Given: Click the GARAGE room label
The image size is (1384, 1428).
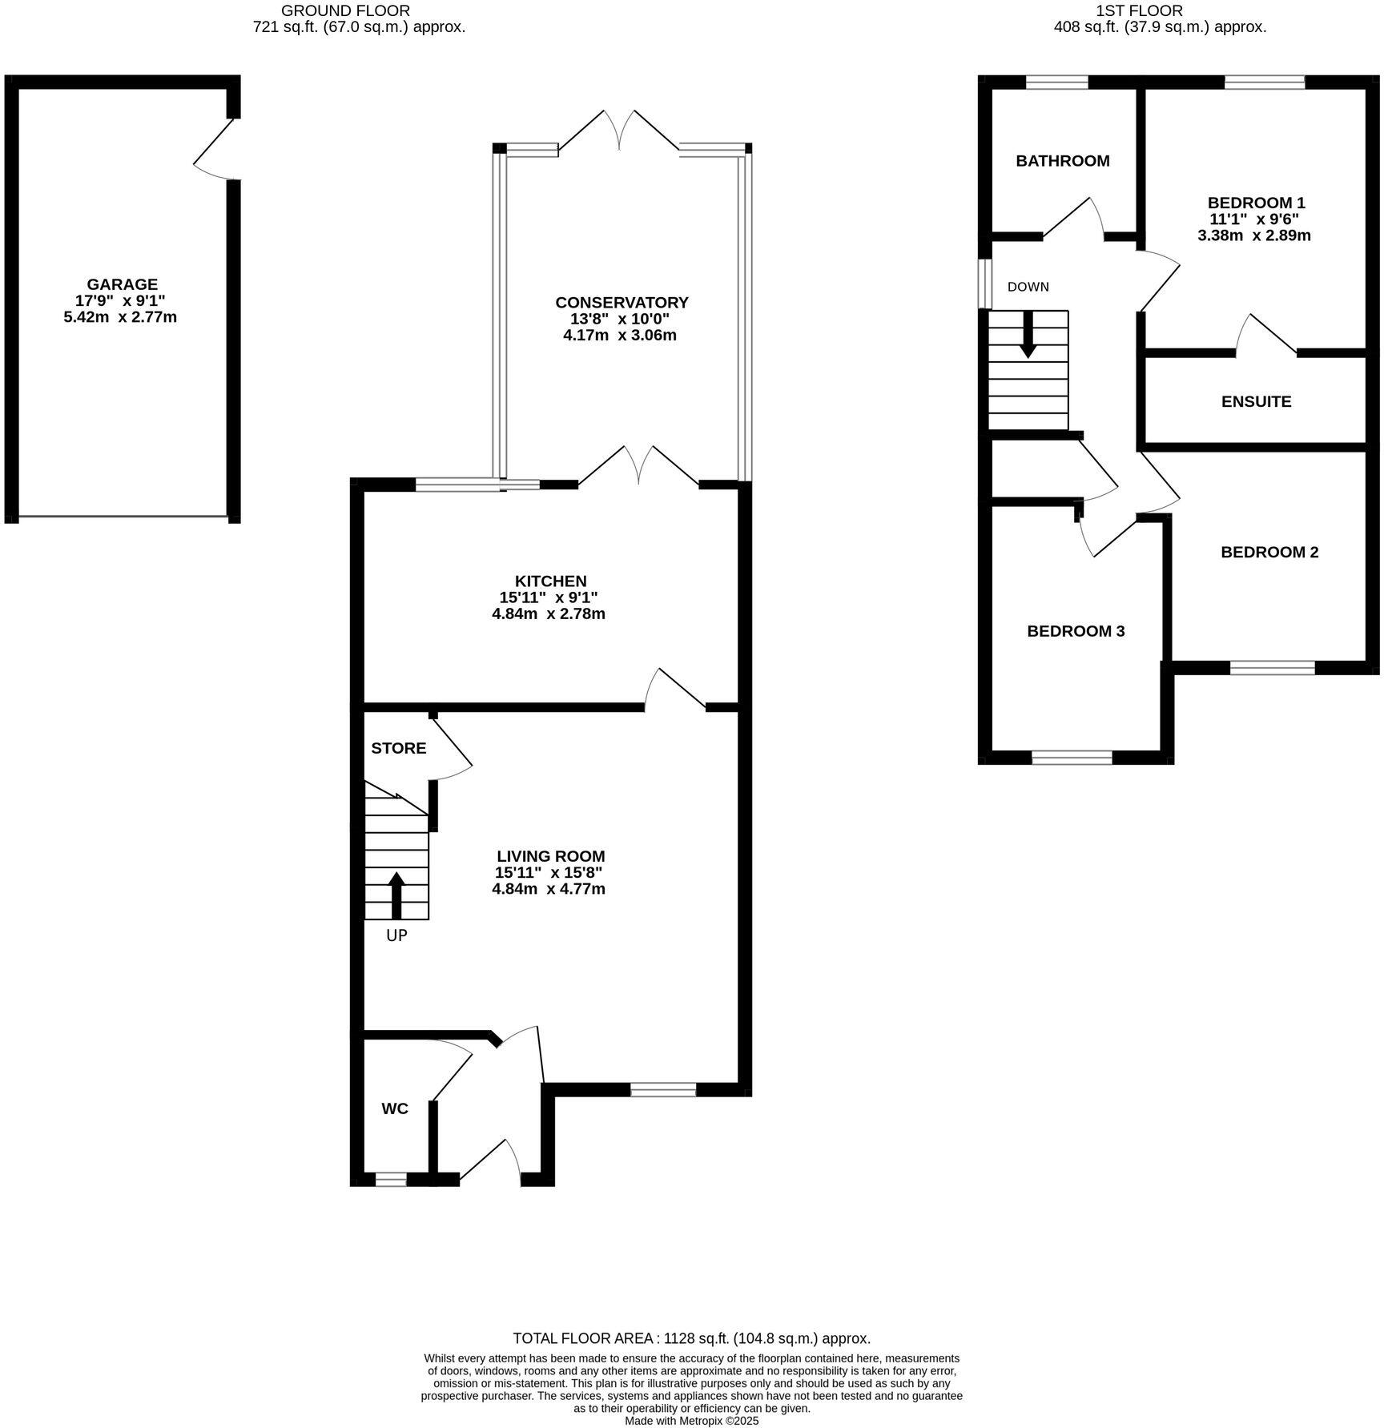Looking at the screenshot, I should coord(122,284).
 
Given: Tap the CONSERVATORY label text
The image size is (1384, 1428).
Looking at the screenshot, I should coord(622,302).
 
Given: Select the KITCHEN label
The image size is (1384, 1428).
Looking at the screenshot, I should coord(550,581).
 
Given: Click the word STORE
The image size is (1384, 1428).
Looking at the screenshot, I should coord(398,748).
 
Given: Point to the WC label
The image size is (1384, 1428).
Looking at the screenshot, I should coord(394,1108).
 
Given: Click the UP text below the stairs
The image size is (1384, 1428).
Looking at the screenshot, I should coord(396,935).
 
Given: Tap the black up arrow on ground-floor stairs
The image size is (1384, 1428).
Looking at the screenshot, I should coord(396,895).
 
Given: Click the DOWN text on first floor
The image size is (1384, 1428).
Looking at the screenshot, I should coord(1028,287).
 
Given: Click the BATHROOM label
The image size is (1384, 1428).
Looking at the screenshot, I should coord(1062,161).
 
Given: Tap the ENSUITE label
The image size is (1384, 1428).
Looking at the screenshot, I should coord(1255,402).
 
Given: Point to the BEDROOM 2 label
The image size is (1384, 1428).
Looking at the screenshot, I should coord(1269,552).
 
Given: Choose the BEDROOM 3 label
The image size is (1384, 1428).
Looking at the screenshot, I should coord(1075,631).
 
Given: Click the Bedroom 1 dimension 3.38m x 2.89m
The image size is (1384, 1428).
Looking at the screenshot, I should coord(1253,235).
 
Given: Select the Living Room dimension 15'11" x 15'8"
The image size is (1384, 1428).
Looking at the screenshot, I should coord(549,873).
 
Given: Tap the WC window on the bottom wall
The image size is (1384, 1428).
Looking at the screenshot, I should coord(391,1179).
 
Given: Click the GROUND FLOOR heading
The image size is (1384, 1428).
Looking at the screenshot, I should coord(345,10).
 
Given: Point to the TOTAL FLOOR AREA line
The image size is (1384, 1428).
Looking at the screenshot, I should coord(690,1338).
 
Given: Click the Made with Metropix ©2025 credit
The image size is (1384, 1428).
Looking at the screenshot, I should coord(691,1421).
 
